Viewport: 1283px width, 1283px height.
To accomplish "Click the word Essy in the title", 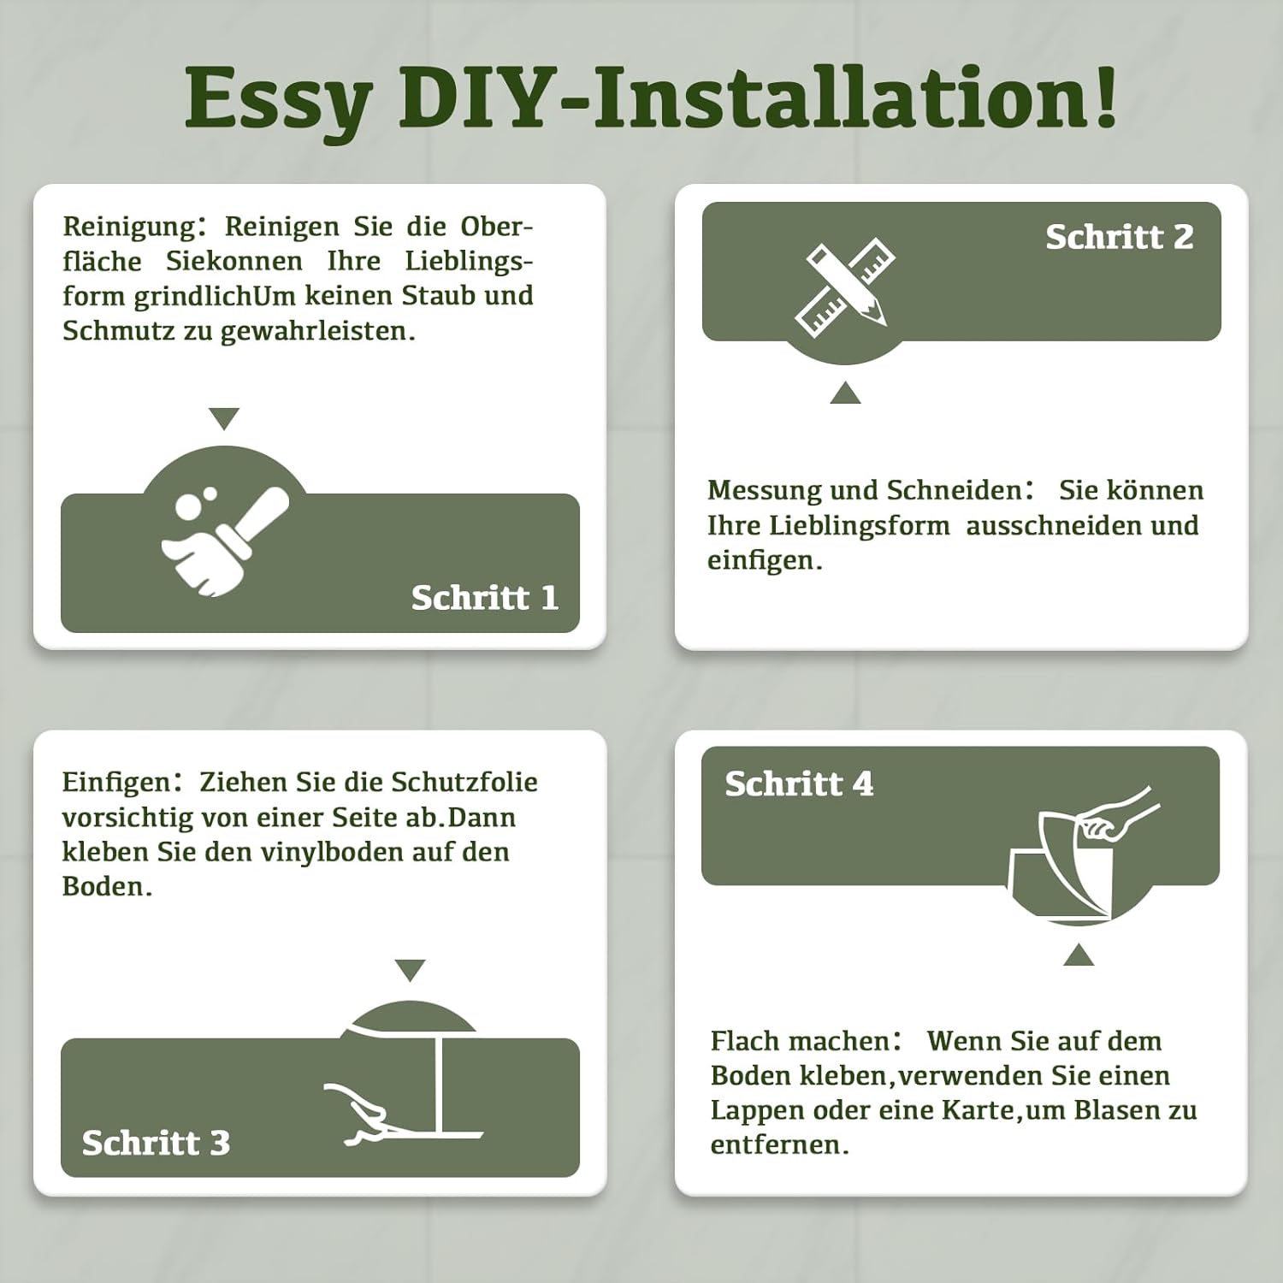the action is (x=279, y=100).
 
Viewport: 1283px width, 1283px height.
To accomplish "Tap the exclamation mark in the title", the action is (x=1104, y=96).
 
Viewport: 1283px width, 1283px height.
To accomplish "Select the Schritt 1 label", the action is (x=485, y=597).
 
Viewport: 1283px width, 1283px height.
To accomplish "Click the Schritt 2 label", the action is (x=1120, y=236).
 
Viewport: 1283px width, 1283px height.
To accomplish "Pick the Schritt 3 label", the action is (x=157, y=1143).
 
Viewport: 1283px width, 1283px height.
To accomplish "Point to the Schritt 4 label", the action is (x=800, y=783).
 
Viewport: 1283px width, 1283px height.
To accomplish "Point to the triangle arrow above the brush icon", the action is (x=224, y=418).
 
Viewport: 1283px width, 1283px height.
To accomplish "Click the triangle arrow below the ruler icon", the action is (x=845, y=393).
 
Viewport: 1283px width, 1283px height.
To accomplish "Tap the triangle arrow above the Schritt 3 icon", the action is (x=411, y=970).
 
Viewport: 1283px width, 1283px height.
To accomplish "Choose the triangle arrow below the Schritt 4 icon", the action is (x=1079, y=955).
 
